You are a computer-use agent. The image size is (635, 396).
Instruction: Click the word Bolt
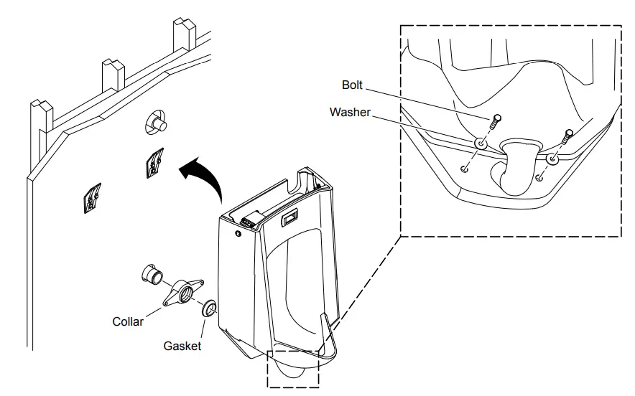point(352,85)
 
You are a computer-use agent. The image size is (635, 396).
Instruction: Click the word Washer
point(350,112)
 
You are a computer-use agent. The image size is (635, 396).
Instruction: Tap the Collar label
point(128,321)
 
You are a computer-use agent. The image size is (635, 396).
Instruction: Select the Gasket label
point(182,346)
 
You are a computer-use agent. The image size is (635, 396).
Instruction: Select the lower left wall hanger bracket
point(92,199)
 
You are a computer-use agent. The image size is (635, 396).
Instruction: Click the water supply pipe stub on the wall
point(157,123)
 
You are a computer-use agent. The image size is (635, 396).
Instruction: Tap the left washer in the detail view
point(479,144)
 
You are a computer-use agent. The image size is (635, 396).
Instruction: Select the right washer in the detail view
point(552,159)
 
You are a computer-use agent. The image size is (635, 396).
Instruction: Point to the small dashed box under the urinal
point(293,369)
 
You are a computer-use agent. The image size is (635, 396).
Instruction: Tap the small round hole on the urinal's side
point(237,233)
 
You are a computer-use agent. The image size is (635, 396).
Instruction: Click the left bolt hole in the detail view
point(465,169)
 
